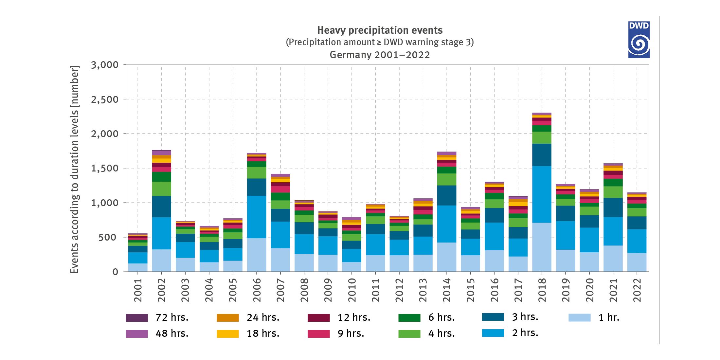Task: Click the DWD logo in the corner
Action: (x=639, y=40)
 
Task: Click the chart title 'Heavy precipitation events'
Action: (x=380, y=30)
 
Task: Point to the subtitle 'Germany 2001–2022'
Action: (x=380, y=55)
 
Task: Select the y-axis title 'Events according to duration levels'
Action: (x=75, y=169)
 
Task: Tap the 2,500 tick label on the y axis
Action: (x=105, y=99)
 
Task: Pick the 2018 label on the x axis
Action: (x=542, y=290)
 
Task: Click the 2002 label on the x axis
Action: (x=162, y=290)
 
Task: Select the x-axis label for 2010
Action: (x=352, y=290)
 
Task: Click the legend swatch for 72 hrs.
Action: (x=137, y=318)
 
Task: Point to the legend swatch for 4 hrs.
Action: (x=409, y=333)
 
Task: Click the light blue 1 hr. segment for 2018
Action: (x=542, y=247)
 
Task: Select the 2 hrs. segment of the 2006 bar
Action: (x=257, y=217)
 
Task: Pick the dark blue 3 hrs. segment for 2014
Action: (x=447, y=195)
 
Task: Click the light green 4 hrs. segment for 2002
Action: (x=162, y=189)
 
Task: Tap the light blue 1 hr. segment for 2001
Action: (x=138, y=267)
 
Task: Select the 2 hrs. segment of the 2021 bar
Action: (x=613, y=231)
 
